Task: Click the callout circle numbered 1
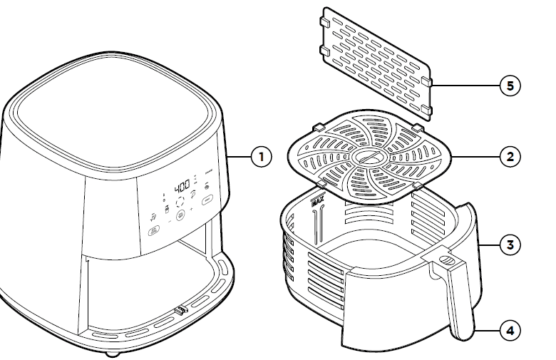[x=262, y=157]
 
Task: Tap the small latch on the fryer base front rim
[x=180, y=311]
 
